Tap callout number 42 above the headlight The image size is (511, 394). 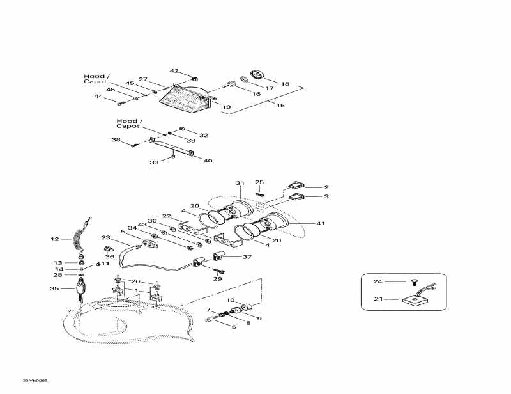pyautogui.click(x=174, y=71)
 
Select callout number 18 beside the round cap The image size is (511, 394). pyautogui.click(x=285, y=84)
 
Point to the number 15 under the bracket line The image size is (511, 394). pyautogui.click(x=280, y=105)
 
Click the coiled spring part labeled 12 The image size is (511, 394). pyautogui.click(x=80, y=234)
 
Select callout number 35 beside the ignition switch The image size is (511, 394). pyautogui.click(x=54, y=289)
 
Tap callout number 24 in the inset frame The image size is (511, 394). pyautogui.click(x=377, y=281)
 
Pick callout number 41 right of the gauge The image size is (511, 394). pyautogui.click(x=320, y=223)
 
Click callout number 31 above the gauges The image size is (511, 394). pyautogui.click(x=240, y=184)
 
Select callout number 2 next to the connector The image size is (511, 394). pyautogui.click(x=326, y=187)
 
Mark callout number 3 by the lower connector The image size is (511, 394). pyautogui.click(x=326, y=197)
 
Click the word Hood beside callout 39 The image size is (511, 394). pyautogui.click(x=125, y=120)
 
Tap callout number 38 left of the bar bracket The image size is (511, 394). pyautogui.click(x=116, y=139)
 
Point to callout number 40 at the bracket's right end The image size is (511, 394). pyautogui.click(x=208, y=161)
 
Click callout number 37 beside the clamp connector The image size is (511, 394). pyautogui.click(x=247, y=257)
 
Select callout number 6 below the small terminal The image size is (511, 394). pyautogui.click(x=234, y=327)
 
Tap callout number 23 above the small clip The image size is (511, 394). pyautogui.click(x=106, y=237)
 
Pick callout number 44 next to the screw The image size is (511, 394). pyautogui.click(x=98, y=97)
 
